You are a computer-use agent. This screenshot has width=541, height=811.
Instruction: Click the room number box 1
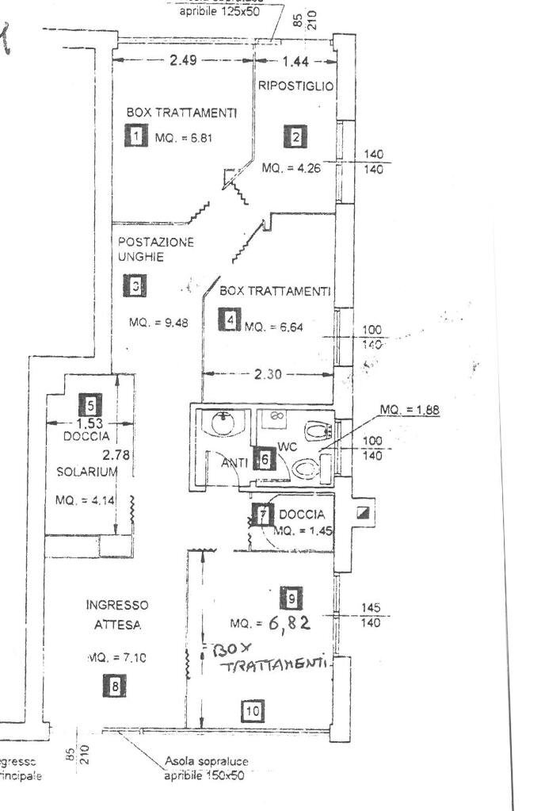coord(136,136)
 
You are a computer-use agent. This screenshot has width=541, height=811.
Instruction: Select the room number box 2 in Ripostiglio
coord(295,137)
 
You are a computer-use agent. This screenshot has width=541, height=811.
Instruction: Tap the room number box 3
coord(136,286)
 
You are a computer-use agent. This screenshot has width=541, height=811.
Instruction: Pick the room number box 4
coord(230,321)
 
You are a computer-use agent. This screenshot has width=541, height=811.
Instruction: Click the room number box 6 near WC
coord(263,459)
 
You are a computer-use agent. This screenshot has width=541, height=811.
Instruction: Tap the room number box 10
coord(252,711)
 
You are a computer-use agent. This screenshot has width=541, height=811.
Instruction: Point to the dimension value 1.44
coord(295,62)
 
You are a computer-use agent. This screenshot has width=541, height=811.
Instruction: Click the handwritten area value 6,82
coord(288,623)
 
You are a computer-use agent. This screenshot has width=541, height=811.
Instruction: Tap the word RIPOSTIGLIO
coord(295,85)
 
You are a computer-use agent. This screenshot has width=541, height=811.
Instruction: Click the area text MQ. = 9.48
coord(158,323)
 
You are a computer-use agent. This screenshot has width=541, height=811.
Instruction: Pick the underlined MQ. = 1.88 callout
coord(409,410)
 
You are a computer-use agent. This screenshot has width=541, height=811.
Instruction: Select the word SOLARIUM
coord(86,472)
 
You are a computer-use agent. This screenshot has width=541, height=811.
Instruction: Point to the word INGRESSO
coord(117,605)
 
